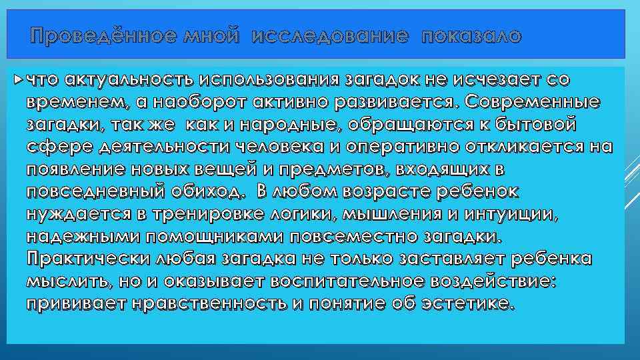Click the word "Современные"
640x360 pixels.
click(x=534, y=103)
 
